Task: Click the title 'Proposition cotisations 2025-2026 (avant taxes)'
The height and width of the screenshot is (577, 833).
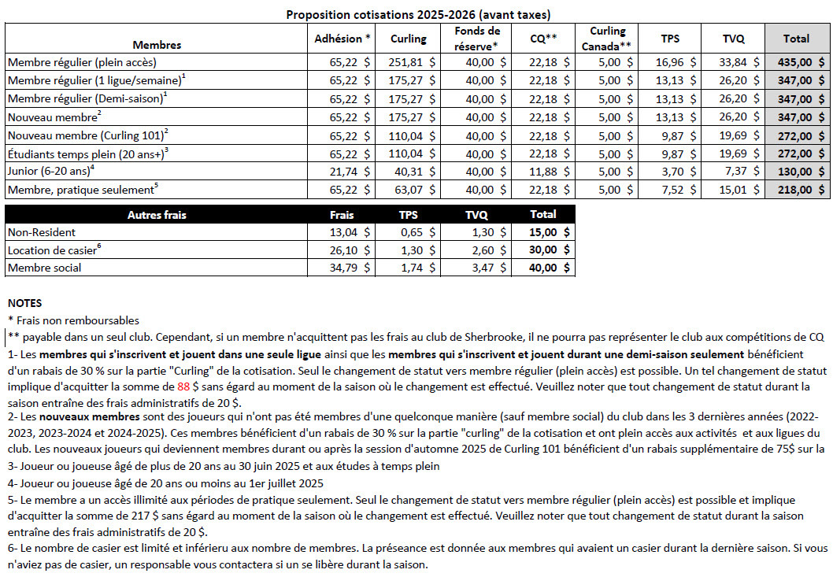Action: coord(418,14)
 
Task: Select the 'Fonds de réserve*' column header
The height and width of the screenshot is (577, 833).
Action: coord(477,38)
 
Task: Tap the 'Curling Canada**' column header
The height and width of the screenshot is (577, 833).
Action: coord(607,38)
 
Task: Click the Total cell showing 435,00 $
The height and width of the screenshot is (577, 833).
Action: coord(798,61)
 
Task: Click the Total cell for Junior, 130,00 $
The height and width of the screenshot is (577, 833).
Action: coord(798,172)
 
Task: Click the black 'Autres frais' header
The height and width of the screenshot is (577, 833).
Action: coord(157,214)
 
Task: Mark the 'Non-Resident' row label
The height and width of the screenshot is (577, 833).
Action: coord(42,232)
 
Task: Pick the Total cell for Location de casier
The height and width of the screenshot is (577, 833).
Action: coord(543,250)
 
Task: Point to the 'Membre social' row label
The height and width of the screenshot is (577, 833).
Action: coord(44,268)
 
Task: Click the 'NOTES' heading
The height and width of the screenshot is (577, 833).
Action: coord(24,303)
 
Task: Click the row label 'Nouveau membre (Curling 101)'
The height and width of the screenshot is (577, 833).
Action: coord(87,135)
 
